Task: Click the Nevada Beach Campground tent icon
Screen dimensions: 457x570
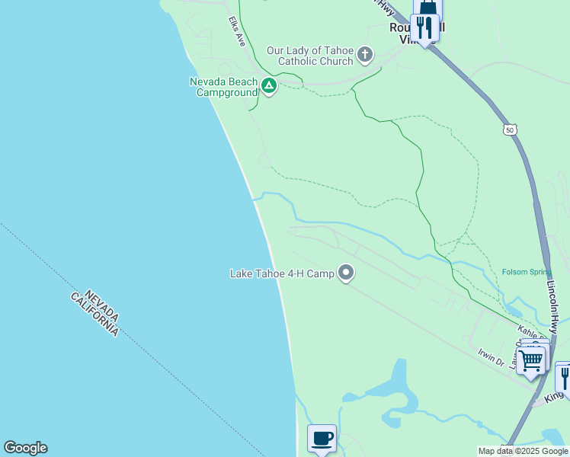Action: point(268,86)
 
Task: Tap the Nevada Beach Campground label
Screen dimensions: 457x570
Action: point(223,87)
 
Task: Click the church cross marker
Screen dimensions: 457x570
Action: point(366,55)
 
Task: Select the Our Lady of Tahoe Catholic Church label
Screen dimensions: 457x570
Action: point(309,56)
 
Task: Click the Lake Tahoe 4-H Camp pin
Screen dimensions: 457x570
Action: point(347,273)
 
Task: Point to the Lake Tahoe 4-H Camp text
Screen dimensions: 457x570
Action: point(282,273)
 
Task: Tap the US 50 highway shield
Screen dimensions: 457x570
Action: point(510,130)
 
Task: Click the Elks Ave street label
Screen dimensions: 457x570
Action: point(235,31)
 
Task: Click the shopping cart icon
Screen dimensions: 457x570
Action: point(530,360)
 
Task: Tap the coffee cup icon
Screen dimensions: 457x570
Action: point(322,438)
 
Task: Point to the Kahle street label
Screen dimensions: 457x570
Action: point(532,331)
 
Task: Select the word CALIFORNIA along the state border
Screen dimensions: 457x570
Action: point(95,314)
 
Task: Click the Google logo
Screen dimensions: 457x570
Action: point(25,448)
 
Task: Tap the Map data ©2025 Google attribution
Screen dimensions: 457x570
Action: point(524,451)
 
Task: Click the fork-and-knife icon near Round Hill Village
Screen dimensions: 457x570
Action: point(424,28)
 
